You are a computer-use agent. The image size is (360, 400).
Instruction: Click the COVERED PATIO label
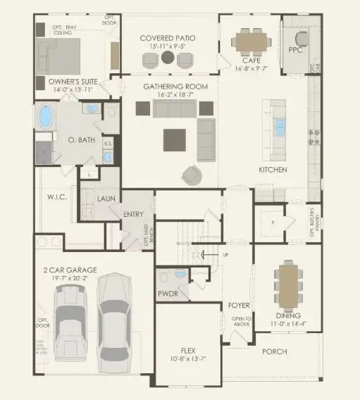pyautogui.click(x=167, y=37)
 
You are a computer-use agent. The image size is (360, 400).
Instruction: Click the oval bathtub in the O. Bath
pyautogui.click(x=47, y=115)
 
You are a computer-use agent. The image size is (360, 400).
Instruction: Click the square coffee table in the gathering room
pyautogui.click(x=175, y=139)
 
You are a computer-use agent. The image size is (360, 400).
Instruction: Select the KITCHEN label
pyautogui.click(x=273, y=170)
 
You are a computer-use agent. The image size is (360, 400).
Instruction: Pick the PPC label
pyautogui.click(x=297, y=50)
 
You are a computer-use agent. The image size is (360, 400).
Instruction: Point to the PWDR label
pyautogui.click(x=168, y=293)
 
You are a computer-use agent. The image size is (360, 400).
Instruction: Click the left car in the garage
pyautogui.click(x=70, y=324)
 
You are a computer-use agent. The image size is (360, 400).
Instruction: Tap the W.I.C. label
pyautogui.click(x=56, y=196)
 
